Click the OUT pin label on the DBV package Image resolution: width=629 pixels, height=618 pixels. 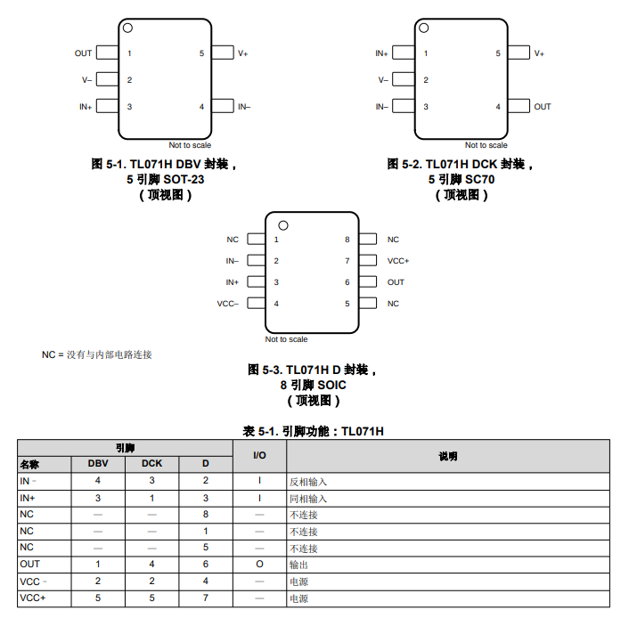[83, 53]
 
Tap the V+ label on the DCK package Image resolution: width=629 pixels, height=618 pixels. [539, 53]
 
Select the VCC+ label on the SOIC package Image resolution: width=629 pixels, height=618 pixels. [398, 261]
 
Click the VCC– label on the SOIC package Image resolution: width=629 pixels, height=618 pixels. [228, 304]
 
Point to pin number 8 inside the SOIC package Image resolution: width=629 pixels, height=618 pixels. [347, 240]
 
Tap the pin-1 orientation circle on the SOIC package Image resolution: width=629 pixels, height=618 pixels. [282, 224]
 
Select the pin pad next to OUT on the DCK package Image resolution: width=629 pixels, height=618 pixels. [518, 107]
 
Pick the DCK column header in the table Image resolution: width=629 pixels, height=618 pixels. [151, 463]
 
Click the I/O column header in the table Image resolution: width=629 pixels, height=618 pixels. [260, 456]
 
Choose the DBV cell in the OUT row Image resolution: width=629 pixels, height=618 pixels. [98, 565]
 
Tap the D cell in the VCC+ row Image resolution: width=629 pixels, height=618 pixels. [206, 598]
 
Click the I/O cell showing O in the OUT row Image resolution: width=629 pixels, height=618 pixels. [260, 565]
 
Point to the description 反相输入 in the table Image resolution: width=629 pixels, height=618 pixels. [308, 481]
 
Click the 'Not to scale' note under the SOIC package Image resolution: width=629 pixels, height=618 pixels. [286, 339]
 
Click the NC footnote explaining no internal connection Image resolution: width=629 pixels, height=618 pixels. [97, 354]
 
